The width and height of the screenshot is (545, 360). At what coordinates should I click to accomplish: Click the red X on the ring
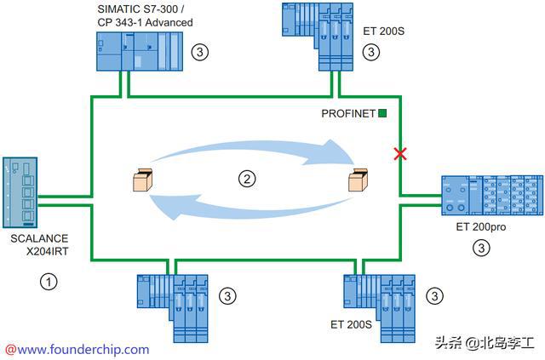(x=398, y=154)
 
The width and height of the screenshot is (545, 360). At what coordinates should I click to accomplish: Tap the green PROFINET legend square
(x=383, y=112)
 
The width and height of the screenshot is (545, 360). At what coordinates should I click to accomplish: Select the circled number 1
(x=50, y=281)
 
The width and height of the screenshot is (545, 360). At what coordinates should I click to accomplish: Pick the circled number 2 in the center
(x=246, y=179)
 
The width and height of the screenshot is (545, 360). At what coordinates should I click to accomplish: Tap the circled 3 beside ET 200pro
(x=481, y=249)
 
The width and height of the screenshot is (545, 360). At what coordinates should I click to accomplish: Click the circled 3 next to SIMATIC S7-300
(x=199, y=52)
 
